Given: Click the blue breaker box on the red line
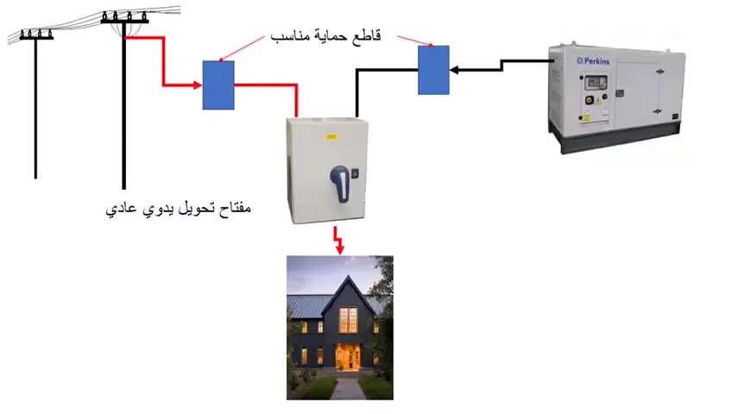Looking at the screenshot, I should point(218,85).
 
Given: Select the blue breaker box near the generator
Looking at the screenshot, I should point(433,70).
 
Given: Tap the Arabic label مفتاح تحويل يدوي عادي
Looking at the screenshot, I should point(177,209).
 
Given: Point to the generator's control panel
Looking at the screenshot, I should point(596,86).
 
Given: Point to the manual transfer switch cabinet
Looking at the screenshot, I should point(327,171).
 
